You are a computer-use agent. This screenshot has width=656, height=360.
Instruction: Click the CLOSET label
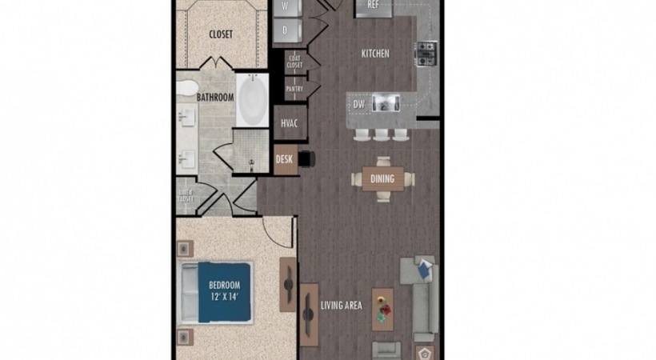(220, 34)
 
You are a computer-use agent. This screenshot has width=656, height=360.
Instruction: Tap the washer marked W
(286, 6)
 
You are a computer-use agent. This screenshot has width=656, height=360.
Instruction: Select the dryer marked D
(286, 30)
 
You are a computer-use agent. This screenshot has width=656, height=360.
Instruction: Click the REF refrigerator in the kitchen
(373, 5)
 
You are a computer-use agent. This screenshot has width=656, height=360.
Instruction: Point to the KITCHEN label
(375, 54)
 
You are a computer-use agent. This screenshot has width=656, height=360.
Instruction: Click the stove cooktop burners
(425, 53)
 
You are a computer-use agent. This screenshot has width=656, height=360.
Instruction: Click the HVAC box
(289, 124)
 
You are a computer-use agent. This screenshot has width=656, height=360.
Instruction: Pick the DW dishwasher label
(360, 103)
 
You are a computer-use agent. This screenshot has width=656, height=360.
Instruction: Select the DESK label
(284, 159)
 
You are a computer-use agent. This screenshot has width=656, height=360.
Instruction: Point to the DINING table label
(382, 178)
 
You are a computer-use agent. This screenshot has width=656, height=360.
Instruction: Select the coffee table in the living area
(382, 309)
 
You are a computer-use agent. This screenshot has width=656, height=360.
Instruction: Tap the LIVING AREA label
(342, 305)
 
